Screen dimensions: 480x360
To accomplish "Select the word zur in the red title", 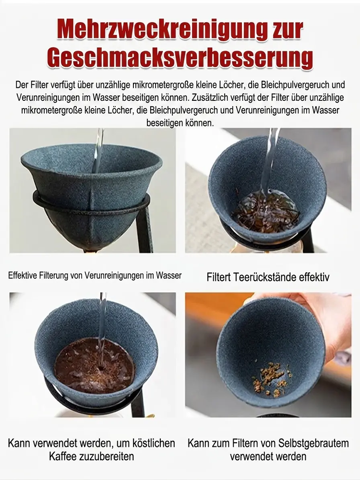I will pos(283,29).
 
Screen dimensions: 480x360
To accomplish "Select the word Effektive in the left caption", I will pos(24,276).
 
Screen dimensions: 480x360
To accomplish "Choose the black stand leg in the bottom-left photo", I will pos(138,403).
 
